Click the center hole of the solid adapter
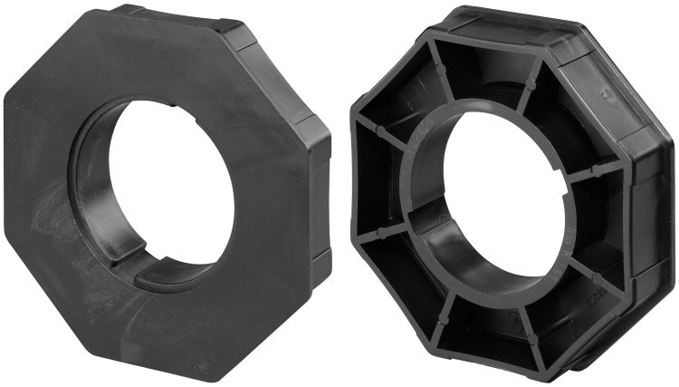click(x=172, y=181)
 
